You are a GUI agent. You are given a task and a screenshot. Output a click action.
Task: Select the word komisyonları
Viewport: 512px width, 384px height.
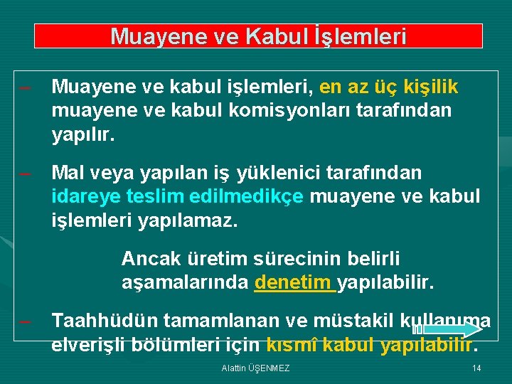pyautogui.click(x=267, y=111)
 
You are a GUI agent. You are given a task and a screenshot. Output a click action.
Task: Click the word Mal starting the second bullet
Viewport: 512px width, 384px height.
pyautogui.click(x=68, y=173)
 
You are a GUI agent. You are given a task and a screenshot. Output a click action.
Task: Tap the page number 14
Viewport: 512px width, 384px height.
pyautogui.click(x=476, y=368)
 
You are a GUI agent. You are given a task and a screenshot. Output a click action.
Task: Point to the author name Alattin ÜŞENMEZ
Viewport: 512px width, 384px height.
pyautogui.click(x=255, y=368)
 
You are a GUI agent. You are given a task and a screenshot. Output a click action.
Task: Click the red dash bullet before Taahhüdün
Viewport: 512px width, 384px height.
pyautogui.click(x=26, y=321)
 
